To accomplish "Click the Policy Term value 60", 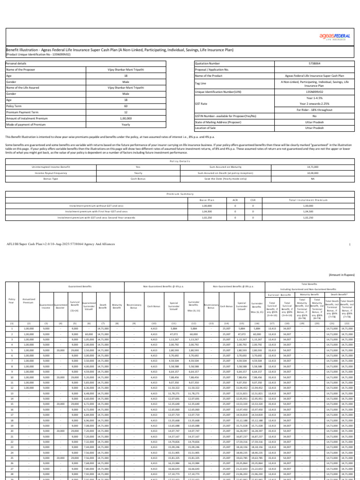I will coord(126,106).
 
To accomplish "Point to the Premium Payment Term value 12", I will coord(126,112).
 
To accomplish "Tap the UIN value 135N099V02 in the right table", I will coord(314,92).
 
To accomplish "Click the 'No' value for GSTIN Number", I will coord(314,115).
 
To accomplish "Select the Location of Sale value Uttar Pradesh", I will coord(314,127).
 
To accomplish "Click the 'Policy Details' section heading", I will coord(180,160).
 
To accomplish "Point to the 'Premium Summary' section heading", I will coord(180,193).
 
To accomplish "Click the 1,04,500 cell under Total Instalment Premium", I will coord(308,211).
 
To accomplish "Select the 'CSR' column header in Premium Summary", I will coord(253,200).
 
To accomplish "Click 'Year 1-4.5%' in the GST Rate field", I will coord(314,98).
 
